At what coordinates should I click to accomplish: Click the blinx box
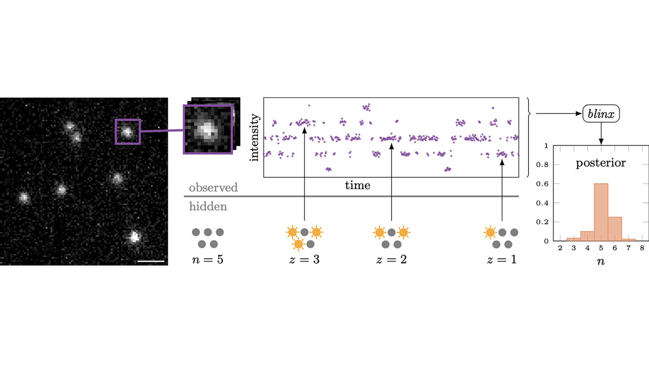(601, 114)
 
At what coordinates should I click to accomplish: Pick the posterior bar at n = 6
(615, 229)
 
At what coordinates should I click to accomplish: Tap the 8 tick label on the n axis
(642, 248)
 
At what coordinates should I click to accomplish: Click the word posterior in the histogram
(601, 163)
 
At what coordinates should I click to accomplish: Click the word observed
(213, 188)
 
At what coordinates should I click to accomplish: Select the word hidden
(208, 207)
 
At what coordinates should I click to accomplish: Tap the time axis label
(357, 185)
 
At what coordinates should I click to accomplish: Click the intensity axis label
(254, 137)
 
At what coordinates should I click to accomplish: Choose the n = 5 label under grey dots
(208, 260)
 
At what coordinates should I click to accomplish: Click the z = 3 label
(304, 260)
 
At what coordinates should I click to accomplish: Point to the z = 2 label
(391, 260)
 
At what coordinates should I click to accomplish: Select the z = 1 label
(502, 260)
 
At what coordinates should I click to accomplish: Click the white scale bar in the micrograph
(151, 261)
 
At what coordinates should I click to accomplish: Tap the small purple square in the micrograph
(128, 132)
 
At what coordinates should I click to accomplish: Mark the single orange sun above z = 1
(490, 232)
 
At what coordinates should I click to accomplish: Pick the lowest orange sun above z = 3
(299, 244)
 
